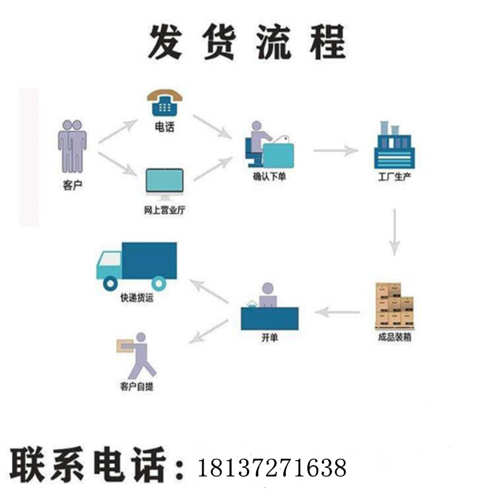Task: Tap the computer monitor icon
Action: tap(164, 184)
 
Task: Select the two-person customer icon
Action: tap(73, 146)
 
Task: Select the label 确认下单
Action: tap(269, 177)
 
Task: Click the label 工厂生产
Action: tap(394, 178)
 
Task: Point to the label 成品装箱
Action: tap(394, 337)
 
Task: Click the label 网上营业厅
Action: tap(164, 211)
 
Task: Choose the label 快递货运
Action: tap(137, 298)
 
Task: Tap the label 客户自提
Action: tap(137, 387)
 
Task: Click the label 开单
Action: tap(269, 338)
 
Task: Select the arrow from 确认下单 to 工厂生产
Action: tap(336, 151)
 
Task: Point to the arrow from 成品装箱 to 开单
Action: tap(337, 311)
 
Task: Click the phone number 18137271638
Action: tap(271, 467)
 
